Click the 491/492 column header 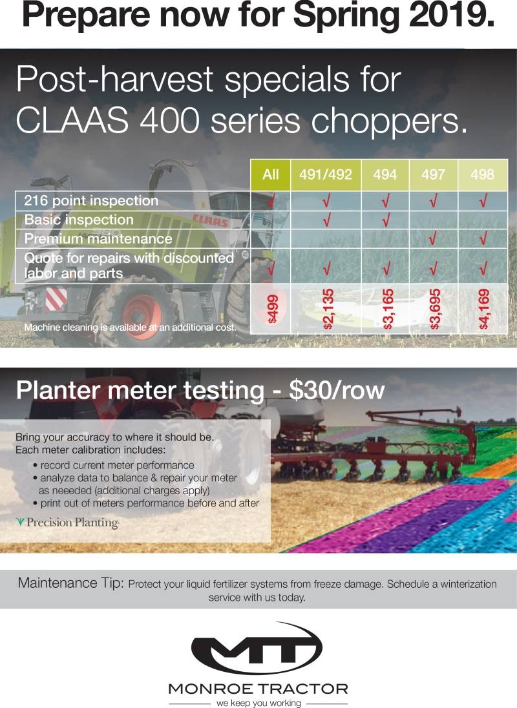(x=326, y=174)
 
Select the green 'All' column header (x=271, y=174)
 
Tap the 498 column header (x=482, y=174)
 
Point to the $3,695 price (x=434, y=309)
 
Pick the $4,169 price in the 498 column (x=483, y=309)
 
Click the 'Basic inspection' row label (x=79, y=220)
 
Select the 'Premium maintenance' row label (x=98, y=239)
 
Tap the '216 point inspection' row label (x=91, y=200)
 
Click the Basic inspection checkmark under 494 (x=386, y=220)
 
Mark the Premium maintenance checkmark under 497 (x=433, y=238)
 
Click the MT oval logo (x=257, y=649)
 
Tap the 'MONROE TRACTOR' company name (x=258, y=689)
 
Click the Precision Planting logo (x=67, y=523)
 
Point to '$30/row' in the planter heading (x=337, y=390)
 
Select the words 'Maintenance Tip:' (x=71, y=583)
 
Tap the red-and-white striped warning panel (x=56, y=299)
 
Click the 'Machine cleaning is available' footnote (x=130, y=327)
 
